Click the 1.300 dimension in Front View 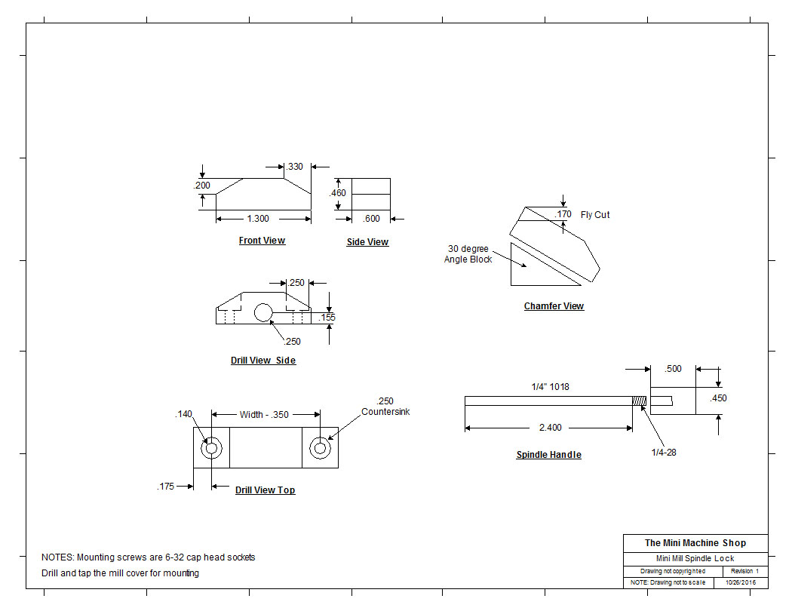[258, 219]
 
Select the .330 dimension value [295, 167]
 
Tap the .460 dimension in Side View [338, 193]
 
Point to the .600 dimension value [372, 219]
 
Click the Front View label [262, 241]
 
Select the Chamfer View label [554, 306]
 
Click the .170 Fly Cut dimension [563, 215]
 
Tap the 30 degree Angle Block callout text [468, 254]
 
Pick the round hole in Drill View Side [263, 312]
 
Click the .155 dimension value [327, 318]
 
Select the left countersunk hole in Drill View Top [211, 449]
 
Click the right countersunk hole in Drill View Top [320, 449]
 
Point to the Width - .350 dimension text [264, 414]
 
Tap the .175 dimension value [165, 486]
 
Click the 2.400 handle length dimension [549, 428]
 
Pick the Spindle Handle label [548, 455]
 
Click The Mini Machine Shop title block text [695, 543]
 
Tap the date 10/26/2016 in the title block [741, 583]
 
